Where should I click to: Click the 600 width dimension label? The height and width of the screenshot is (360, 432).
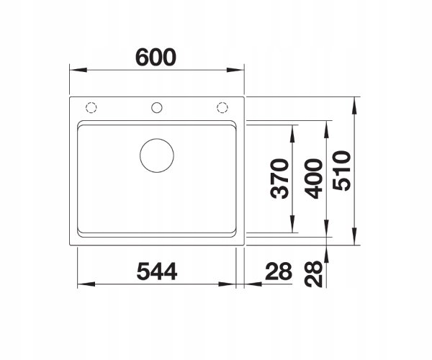[156, 58]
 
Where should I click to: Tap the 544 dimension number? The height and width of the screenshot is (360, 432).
[157, 271]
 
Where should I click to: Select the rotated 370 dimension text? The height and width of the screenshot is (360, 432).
[280, 179]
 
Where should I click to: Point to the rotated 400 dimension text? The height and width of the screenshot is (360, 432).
[313, 179]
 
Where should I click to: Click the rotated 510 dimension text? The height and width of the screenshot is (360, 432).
[341, 171]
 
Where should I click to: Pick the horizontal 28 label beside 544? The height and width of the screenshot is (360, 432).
[278, 271]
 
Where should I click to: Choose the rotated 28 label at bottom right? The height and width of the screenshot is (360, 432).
[313, 274]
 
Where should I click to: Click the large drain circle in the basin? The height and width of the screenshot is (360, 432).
[157, 139]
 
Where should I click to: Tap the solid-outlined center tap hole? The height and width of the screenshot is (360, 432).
[157, 102]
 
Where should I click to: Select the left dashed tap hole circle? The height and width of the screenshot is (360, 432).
[91, 102]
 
